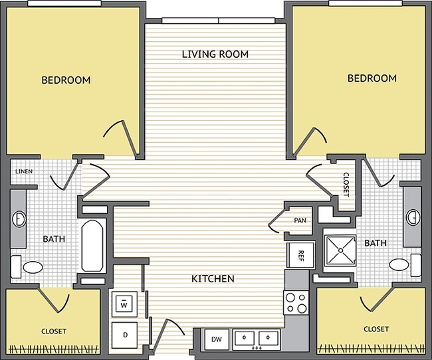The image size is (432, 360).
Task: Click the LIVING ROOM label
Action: click(215, 54)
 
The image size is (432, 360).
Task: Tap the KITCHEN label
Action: click(213, 279)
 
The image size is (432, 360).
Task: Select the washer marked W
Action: click(124, 305)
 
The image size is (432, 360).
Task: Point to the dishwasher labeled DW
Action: click(217, 339)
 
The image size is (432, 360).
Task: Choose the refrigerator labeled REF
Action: click(300, 254)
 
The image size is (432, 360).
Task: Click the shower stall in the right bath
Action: click(340, 251)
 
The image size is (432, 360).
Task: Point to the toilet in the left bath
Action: click(29, 267)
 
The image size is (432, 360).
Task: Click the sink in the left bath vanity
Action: click(19, 217)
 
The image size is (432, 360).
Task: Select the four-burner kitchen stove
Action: click(296, 303)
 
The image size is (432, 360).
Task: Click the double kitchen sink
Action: click(256, 338)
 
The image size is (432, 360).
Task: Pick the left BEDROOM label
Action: click(66, 80)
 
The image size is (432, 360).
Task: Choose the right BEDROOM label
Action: click(372, 78)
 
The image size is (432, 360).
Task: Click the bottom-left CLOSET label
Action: click(53, 330)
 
